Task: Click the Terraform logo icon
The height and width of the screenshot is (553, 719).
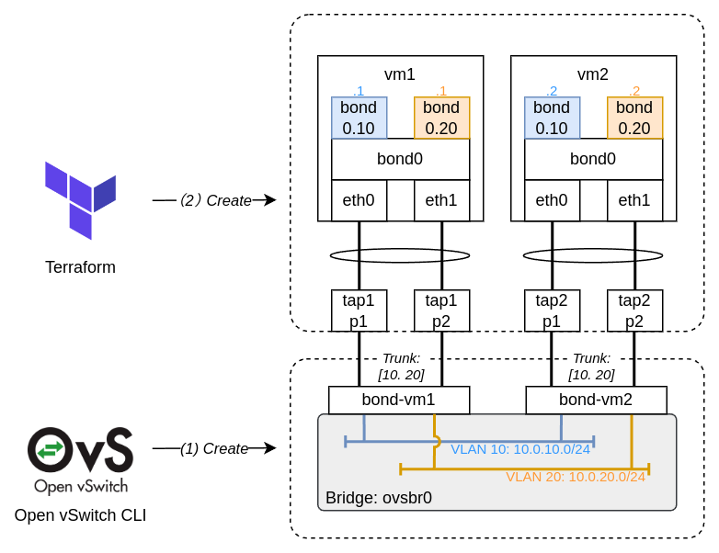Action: point(80,200)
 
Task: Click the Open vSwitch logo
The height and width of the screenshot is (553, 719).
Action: point(80,459)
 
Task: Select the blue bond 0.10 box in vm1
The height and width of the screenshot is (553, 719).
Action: point(359,118)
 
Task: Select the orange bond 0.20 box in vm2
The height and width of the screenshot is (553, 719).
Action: point(634,118)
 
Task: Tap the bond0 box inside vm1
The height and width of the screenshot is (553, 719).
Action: point(400,159)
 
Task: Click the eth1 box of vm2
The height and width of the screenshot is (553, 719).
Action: point(634,200)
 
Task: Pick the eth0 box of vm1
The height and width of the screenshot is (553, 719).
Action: point(359,200)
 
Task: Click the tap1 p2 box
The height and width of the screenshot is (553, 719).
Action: point(441,310)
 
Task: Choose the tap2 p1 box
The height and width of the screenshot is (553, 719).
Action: point(552,310)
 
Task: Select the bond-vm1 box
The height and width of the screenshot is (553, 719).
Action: point(399,401)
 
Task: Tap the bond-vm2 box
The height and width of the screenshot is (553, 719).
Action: point(596,401)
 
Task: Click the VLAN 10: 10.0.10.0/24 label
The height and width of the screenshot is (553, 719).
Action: point(520,449)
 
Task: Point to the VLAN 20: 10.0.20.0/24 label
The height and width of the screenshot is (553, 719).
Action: point(576,477)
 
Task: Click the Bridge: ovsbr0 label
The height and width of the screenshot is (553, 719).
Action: point(379,498)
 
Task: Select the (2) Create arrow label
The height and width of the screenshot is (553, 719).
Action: point(215,200)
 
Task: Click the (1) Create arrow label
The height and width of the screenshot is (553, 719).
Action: point(213,448)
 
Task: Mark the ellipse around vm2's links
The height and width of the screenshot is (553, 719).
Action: point(593,255)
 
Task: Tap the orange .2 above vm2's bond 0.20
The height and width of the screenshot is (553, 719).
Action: point(634,91)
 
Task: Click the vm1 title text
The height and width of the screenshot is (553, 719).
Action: point(400,74)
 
